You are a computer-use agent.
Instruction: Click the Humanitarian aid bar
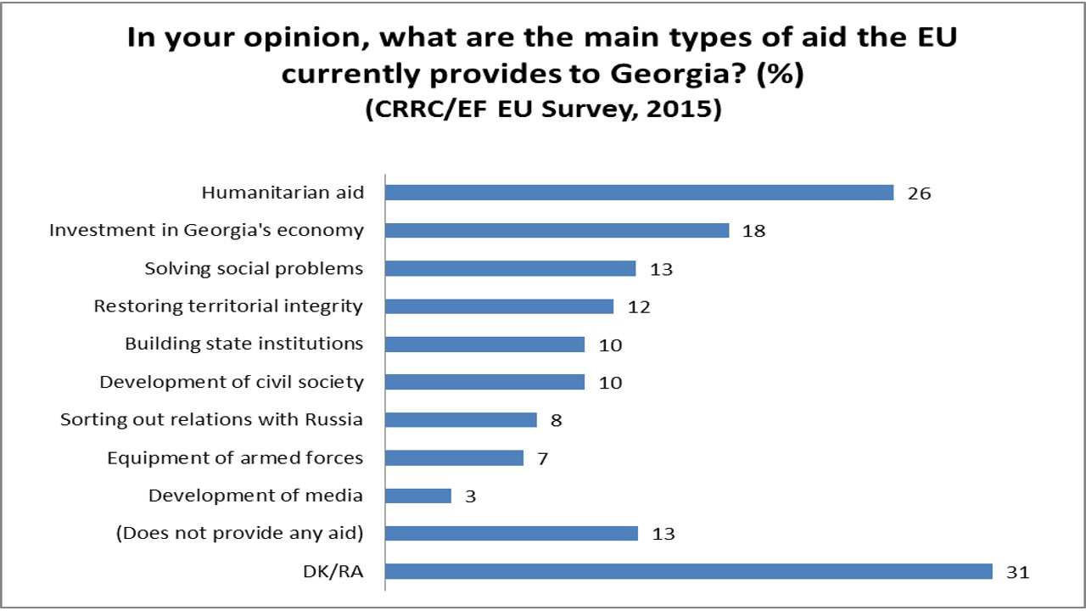[x=640, y=193]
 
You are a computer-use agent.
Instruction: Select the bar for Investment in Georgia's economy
[x=557, y=230]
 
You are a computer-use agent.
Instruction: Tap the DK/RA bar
[x=689, y=571]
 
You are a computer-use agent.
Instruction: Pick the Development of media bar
[x=418, y=496]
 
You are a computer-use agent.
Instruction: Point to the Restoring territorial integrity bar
[x=500, y=306]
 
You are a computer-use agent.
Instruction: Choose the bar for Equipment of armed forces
[x=455, y=458]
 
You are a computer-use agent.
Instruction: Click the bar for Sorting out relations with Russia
[x=462, y=420]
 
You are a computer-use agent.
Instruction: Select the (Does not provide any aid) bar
[x=512, y=533]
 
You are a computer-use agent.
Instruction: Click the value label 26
[x=919, y=193]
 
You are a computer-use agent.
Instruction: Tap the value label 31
[x=1016, y=572]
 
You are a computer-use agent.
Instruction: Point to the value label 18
[x=753, y=231]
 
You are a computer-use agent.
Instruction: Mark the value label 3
[x=470, y=496]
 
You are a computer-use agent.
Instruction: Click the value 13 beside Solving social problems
[x=660, y=269]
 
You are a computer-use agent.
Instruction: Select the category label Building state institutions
[x=244, y=344]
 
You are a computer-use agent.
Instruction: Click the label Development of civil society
[x=232, y=382]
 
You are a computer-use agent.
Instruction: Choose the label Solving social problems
[x=254, y=268]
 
